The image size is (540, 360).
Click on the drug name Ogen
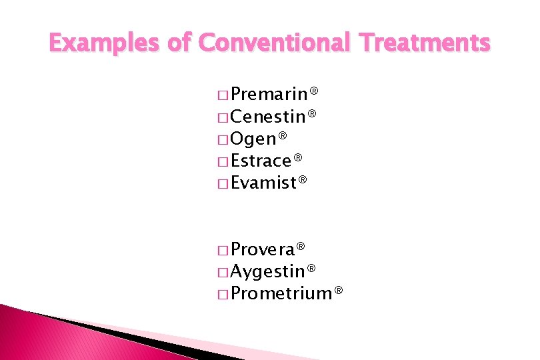[253, 139]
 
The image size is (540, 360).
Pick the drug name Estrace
[262, 161]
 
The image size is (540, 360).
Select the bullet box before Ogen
[223, 140]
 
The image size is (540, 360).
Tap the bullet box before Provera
[223, 251]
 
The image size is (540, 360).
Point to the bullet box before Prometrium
[223, 294]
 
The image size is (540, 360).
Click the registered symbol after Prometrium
[339, 291]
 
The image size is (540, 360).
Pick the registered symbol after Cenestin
[311, 115]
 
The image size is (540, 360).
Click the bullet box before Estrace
[223, 162]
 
